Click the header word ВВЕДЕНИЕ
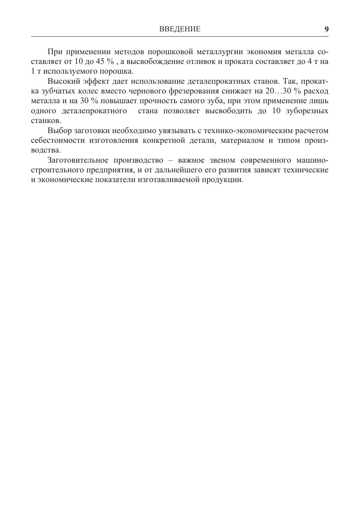tap(180, 29)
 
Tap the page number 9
tap(326, 29)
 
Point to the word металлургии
tap(217, 52)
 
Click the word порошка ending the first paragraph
tap(121, 71)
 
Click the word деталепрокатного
tap(94, 111)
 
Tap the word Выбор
tap(59, 131)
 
